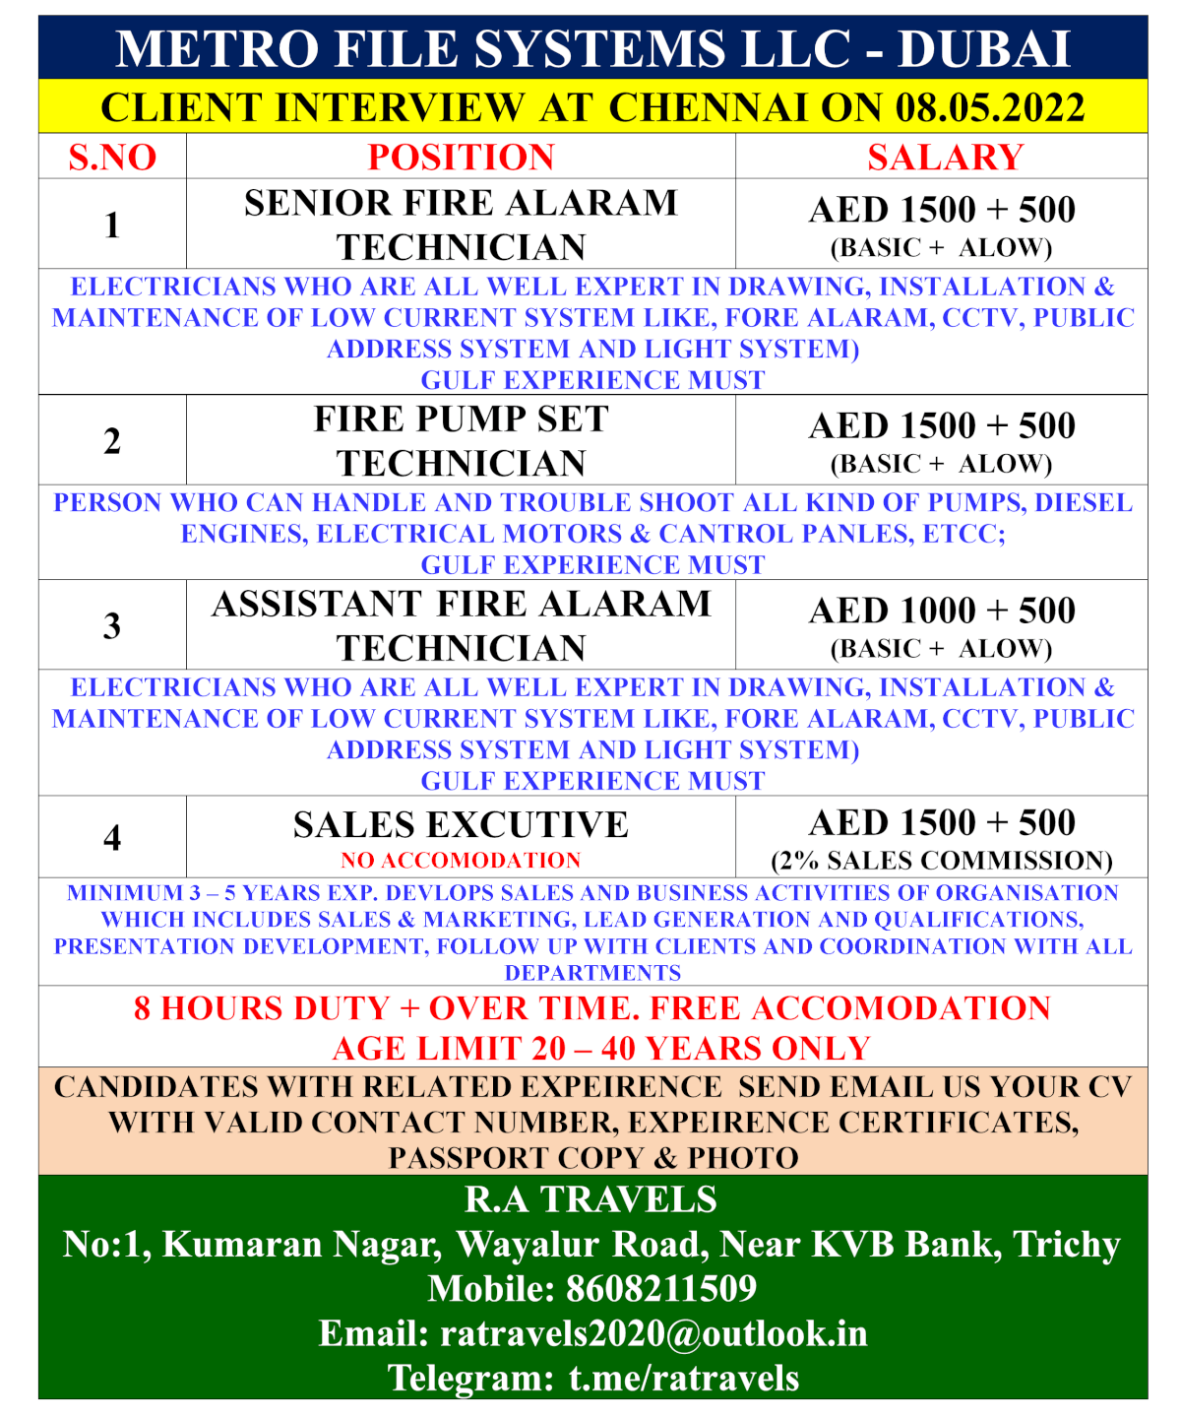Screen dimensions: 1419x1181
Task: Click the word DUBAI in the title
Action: (x=983, y=49)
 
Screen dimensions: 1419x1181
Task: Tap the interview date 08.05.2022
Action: (x=990, y=107)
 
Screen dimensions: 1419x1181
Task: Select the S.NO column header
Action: (x=112, y=158)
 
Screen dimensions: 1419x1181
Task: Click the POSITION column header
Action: (x=461, y=158)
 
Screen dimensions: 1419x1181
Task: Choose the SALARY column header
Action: (x=945, y=158)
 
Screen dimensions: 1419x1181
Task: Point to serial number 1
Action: (x=112, y=226)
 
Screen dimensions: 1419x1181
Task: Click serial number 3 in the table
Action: (x=112, y=626)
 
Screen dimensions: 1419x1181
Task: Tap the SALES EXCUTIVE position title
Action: (x=461, y=825)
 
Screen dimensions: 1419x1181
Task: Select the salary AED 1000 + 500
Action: (x=942, y=612)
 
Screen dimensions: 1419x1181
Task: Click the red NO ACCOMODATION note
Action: (x=461, y=861)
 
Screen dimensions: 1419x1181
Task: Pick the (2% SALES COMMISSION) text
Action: (x=942, y=861)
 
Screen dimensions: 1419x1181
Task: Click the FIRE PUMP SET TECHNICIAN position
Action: (x=461, y=441)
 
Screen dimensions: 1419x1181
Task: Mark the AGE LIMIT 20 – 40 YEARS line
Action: (x=601, y=1049)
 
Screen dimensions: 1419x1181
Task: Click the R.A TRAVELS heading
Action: (x=590, y=1199)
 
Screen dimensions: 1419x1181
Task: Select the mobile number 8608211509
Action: (x=661, y=1289)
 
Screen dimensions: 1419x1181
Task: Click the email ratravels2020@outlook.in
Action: (x=653, y=1333)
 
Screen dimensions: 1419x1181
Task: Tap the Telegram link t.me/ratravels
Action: (x=684, y=1378)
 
